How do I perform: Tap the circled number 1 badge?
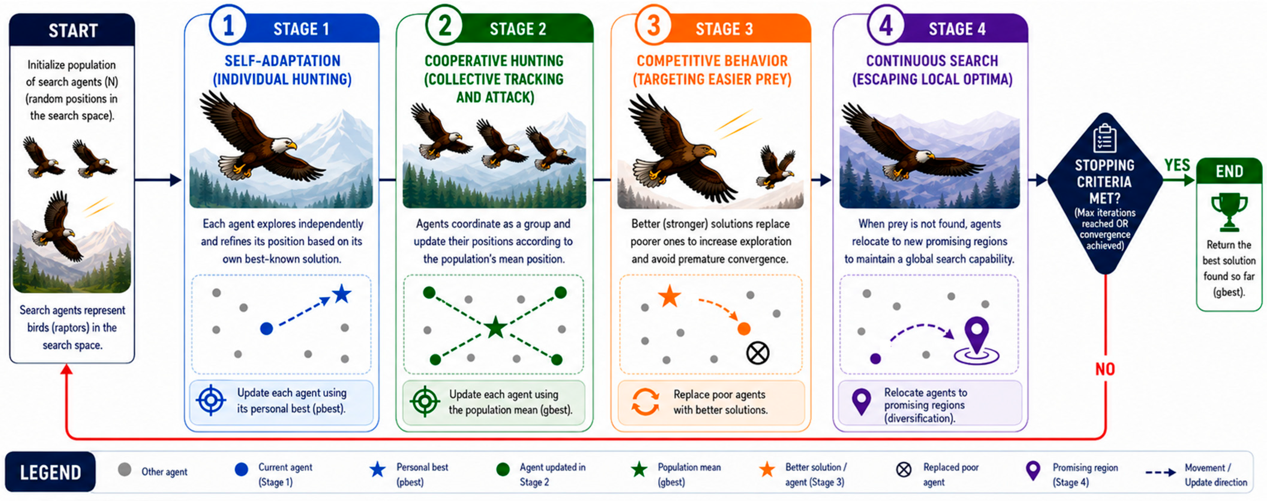click(228, 25)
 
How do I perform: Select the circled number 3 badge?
click(653, 25)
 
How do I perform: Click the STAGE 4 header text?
click(957, 29)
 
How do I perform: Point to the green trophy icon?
click(1229, 212)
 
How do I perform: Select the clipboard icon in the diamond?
click(1104, 138)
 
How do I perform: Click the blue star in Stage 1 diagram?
click(342, 294)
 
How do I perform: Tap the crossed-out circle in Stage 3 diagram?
click(757, 353)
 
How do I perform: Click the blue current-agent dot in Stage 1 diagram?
click(266, 329)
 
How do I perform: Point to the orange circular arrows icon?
click(645, 402)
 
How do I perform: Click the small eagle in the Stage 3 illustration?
click(776, 167)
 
